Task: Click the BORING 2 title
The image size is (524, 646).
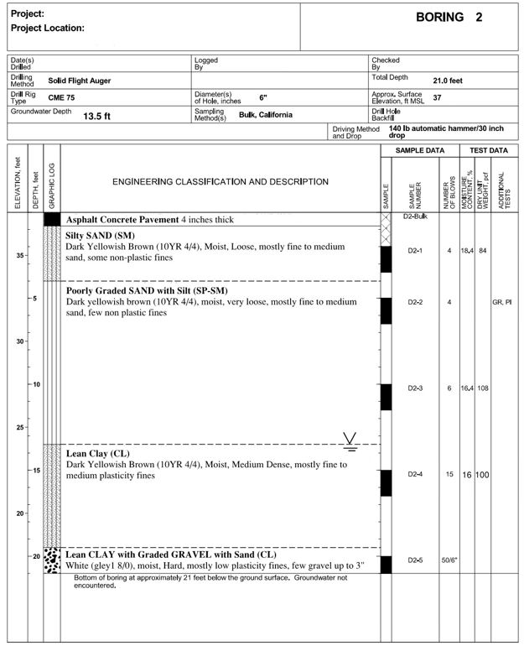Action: pos(449,18)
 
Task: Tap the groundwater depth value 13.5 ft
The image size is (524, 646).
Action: pos(96,117)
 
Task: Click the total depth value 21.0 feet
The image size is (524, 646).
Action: pos(447,81)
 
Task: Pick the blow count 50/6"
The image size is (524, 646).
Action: pos(449,560)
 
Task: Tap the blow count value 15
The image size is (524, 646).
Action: pos(449,474)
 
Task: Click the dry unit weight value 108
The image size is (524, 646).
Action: pos(483,388)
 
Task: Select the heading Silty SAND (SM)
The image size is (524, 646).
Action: pos(100,237)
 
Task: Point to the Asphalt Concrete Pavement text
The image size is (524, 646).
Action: pos(122,220)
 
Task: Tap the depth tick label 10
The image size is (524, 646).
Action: pos(35,384)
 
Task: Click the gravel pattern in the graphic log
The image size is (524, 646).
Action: pos(52,560)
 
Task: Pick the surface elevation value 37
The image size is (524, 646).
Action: pos(437,98)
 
